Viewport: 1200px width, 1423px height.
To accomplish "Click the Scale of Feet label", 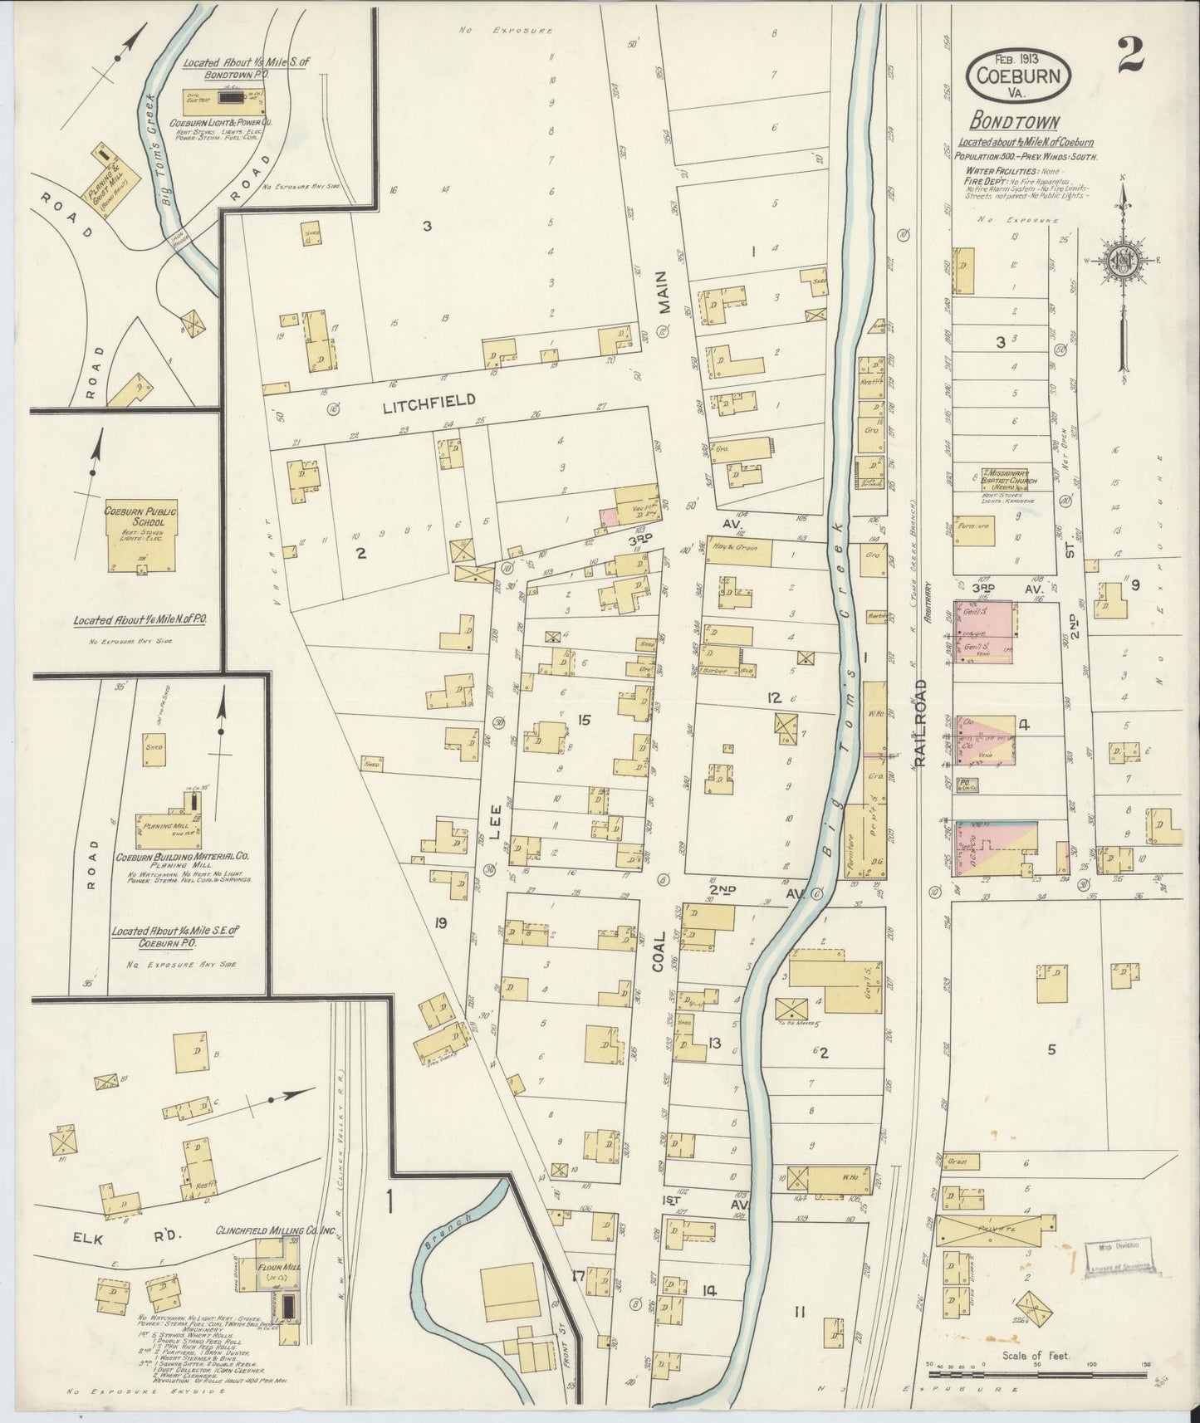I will click(x=1036, y=1356).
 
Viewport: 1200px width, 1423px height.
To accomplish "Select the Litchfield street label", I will click(x=430, y=400).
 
